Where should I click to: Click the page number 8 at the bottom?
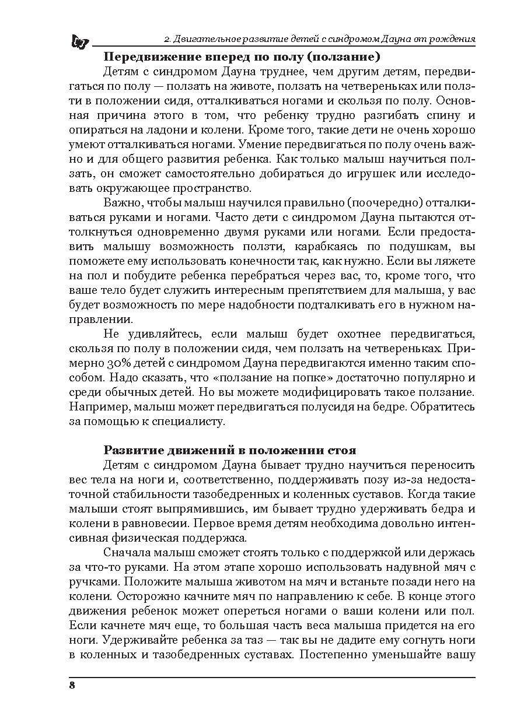tap(72, 685)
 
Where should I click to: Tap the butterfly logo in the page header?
tap(79, 41)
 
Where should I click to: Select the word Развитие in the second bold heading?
tap(131, 451)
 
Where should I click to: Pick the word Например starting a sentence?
tap(96, 406)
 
